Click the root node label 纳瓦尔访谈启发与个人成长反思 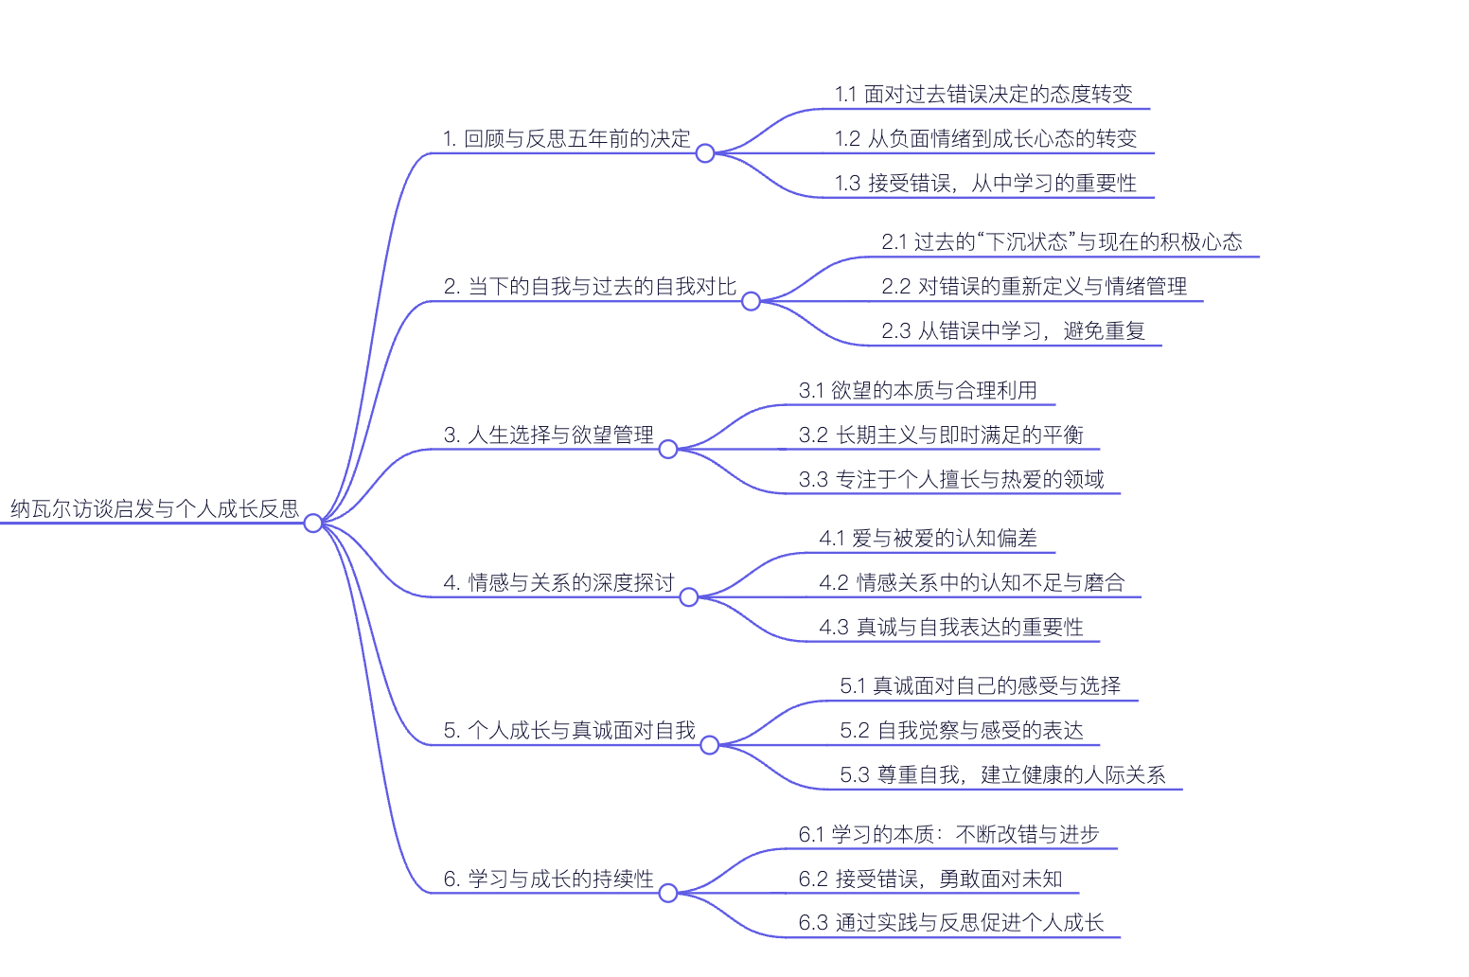pos(154,508)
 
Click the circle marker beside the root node pos(313,523)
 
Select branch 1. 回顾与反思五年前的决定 pos(567,139)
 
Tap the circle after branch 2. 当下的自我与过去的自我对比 pos(751,301)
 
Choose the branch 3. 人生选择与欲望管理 pos(549,435)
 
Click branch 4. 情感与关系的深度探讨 pos(558,582)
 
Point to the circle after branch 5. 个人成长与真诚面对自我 pos(710,745)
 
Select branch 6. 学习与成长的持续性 pos(549,879)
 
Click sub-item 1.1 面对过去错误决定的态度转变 pos(983,95)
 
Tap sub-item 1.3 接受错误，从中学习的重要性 pos(985,184)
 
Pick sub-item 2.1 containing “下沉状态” pos(1061,242)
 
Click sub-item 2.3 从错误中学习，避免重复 pos(1013,331)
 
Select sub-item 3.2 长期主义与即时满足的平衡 pos(941,435)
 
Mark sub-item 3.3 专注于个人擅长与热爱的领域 pos(951,480)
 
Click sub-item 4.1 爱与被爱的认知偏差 pos(928,539)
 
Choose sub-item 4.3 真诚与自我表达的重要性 pos(951,627)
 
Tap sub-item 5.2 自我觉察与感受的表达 pos(962,731)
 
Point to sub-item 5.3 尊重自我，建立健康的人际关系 pos(1002,775)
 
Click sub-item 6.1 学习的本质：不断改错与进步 pos(949,834)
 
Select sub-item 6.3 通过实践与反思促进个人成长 pos(951,923)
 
